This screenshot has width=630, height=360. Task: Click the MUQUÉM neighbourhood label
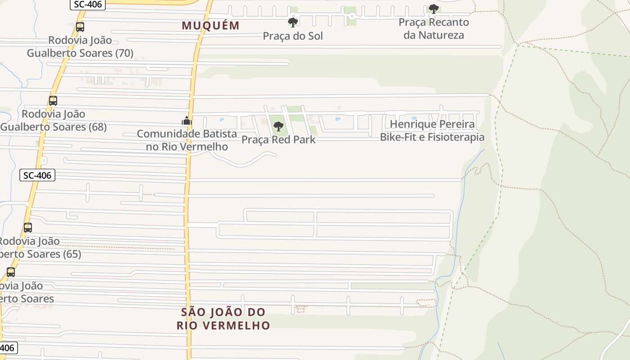[x=211, y=26]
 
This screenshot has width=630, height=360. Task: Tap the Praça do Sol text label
[x=293, y=36]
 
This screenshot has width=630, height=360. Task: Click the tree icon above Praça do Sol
[x=293, y=22]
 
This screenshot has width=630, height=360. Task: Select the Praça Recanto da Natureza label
[x=433, y=28]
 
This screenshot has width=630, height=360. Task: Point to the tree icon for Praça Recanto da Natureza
[x=433, y=9]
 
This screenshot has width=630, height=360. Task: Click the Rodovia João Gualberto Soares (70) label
[x=80, y=47]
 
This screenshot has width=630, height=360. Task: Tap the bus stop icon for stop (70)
[x=80, y=27]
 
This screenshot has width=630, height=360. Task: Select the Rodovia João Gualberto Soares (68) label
[x=54, y=121]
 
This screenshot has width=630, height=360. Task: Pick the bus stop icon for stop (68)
[x=53, y=101]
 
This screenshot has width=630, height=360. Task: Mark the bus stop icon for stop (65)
[x=28, y=228]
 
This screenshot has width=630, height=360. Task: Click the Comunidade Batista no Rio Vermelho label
[x=187, y=140]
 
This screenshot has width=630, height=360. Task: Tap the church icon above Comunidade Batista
[x=187, y=121]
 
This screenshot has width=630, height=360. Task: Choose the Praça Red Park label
[x=279, y=139]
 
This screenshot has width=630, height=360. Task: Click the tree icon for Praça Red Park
[x=279, y=126]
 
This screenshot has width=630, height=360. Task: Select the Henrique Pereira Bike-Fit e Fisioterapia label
[x=432, y=130]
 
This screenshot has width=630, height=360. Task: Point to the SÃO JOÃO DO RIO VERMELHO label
[x=223, y=319]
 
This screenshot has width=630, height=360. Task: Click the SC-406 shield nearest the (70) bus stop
[x=88, y=4]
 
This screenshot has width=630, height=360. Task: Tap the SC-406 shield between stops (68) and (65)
[x=37, y=175]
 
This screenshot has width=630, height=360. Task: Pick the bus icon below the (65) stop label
[x=11, y=272]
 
